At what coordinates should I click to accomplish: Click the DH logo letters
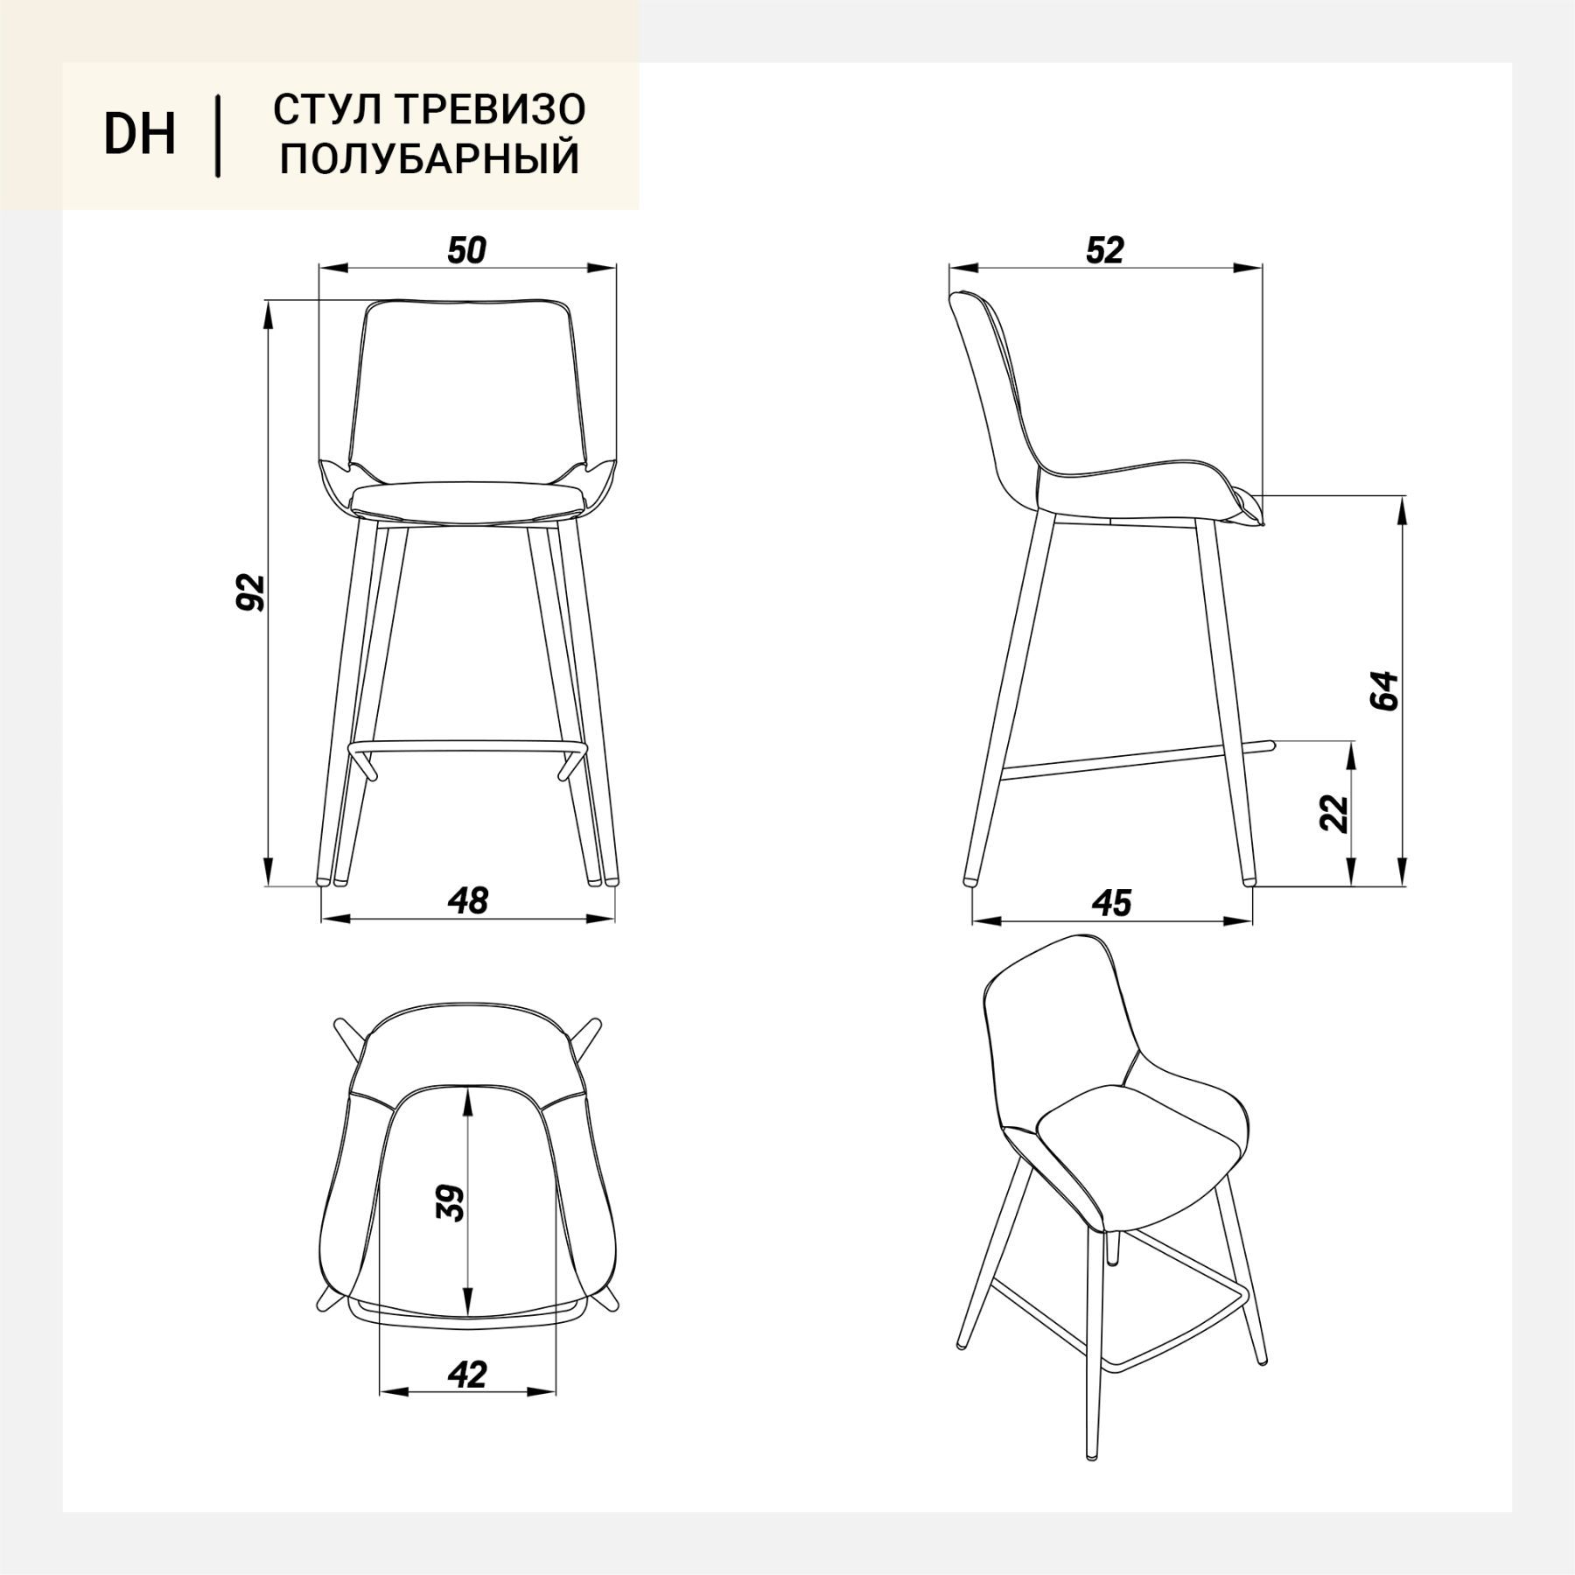140,134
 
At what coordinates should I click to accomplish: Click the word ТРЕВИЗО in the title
491,109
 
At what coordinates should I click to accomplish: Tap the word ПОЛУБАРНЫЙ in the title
430,159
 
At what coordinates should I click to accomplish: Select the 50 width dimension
466,251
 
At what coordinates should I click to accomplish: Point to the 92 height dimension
251,592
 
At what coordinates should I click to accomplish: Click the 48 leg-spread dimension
468,900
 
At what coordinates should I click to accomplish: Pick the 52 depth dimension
1104,251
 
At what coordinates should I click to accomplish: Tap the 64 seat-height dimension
1384,690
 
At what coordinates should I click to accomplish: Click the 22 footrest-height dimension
1334,813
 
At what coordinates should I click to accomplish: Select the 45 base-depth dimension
1112,903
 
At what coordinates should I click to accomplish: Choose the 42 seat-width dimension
467,1375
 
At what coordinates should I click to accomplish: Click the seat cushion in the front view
467,502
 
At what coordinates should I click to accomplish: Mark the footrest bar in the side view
1137,759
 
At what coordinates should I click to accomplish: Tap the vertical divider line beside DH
217,135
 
